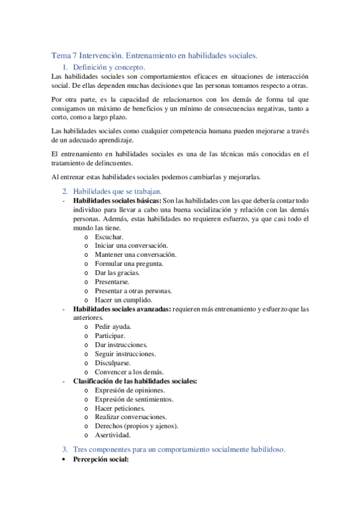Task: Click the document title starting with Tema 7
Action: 154,55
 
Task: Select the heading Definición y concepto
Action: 109,67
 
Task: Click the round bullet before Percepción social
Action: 64,459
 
